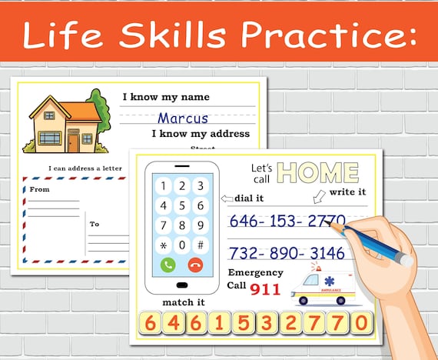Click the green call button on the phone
168,265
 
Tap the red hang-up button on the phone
195,265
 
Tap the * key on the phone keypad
163,245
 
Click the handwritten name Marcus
183,118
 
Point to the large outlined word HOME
318,173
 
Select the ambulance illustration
322,286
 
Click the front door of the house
73,142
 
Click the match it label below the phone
182,302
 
